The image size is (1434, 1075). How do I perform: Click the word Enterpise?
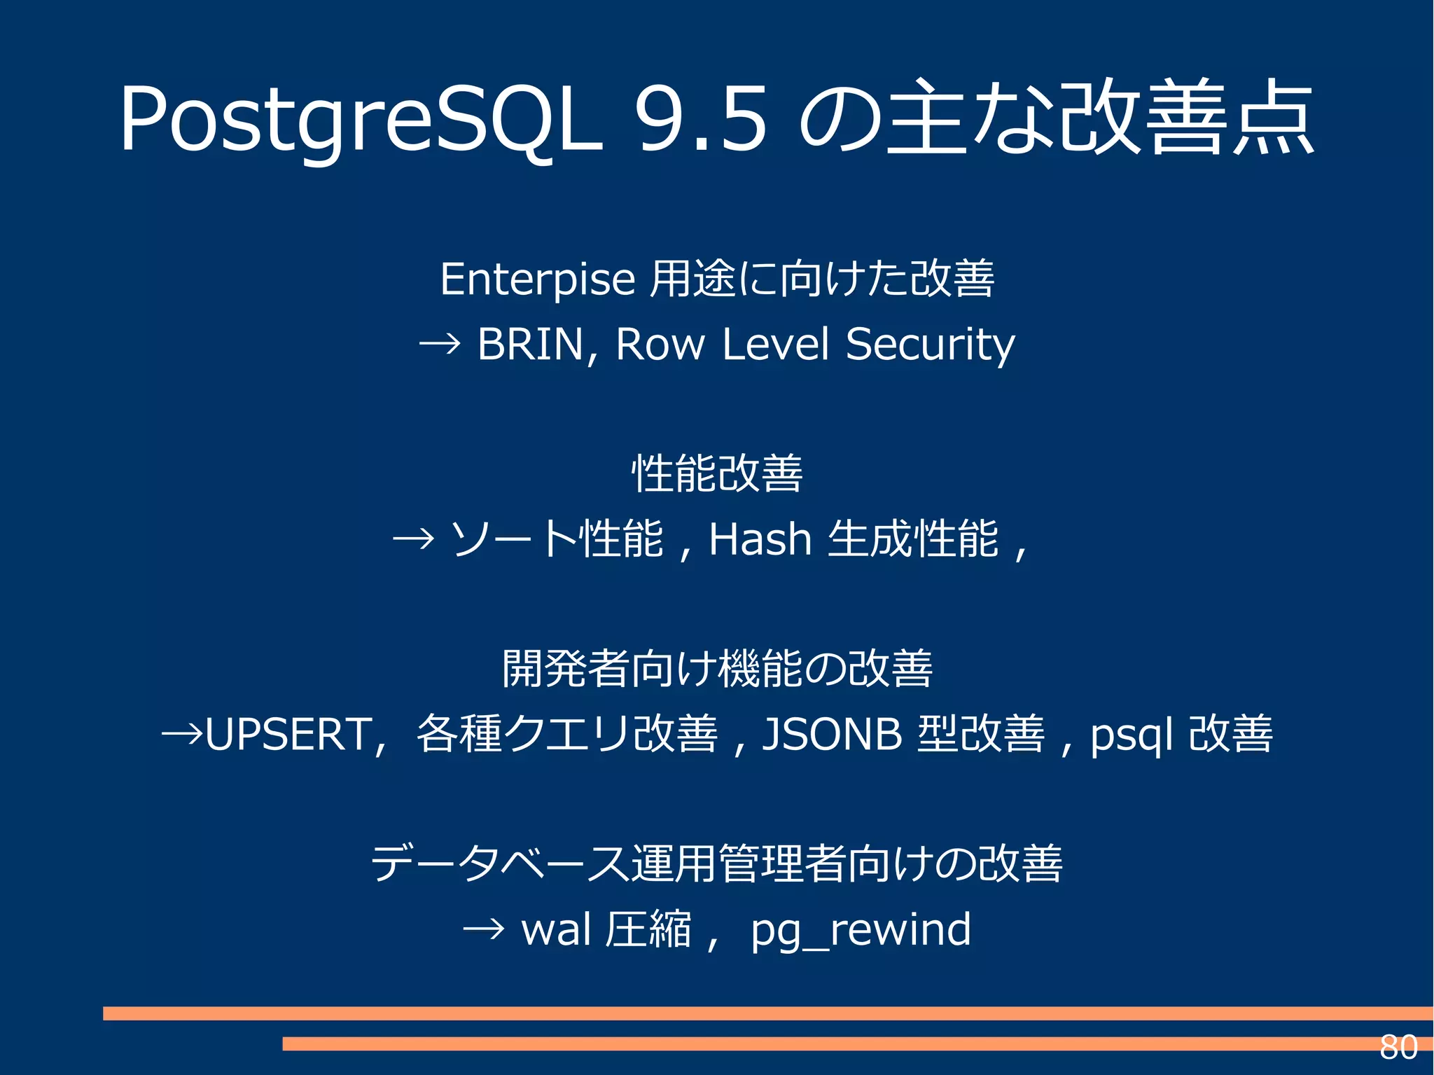537,279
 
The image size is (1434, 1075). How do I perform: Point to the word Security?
930,345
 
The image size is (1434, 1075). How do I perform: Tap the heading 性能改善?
717,474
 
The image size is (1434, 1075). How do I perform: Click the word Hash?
760,539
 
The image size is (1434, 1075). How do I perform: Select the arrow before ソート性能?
413,539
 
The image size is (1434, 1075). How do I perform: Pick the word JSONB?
832,735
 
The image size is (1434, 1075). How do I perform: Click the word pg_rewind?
861,930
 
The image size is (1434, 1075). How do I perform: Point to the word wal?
557,930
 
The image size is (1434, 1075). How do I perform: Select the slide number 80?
1398,1048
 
